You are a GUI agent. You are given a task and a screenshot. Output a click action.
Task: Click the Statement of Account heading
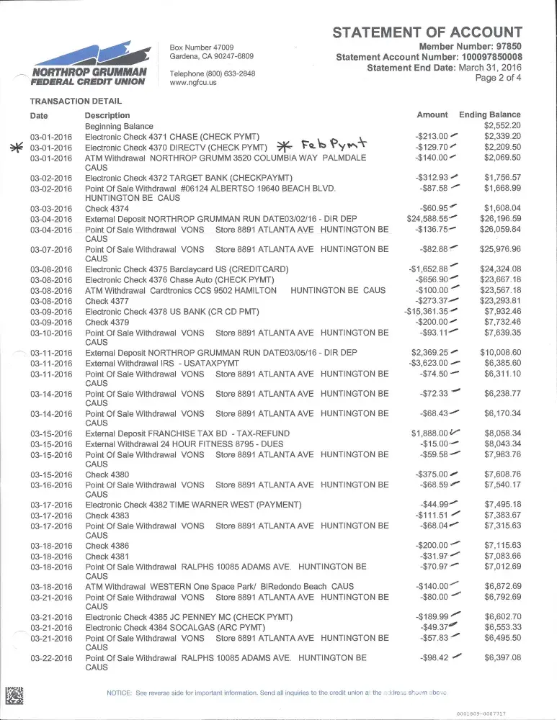[427, 32]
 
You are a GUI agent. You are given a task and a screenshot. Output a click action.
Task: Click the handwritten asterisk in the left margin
[14, 148]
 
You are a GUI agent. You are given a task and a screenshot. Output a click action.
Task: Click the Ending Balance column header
[489, 114]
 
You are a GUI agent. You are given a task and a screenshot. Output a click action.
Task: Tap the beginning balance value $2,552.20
[502, 125]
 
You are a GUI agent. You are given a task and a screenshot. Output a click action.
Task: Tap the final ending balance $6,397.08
[502, 657]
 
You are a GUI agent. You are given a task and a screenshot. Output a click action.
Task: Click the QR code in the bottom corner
[14, 696]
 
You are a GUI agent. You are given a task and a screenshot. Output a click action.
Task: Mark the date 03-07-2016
[51, 250]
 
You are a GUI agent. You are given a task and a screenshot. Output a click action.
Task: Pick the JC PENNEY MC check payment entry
[189, 617]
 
